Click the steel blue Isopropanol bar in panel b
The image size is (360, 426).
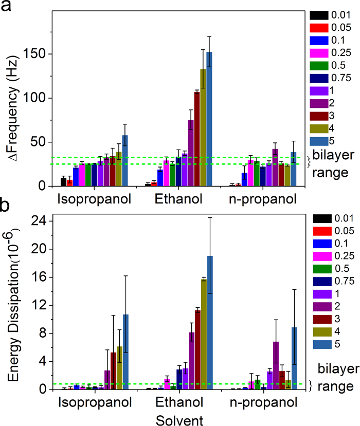coord(125,359)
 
